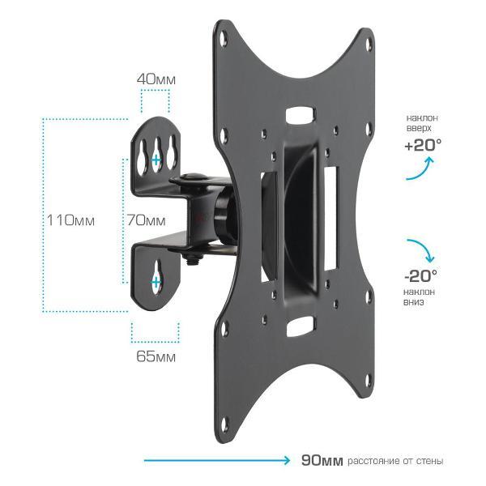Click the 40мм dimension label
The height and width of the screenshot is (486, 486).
pyautogui.click(x=156, y=79)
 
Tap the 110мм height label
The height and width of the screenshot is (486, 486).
pyautogui.click(x=70, y=220)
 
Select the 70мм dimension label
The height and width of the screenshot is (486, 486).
pyautogui.click(x=147, y=220)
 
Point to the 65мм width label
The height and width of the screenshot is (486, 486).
pyautogui.click(x=156, y=356)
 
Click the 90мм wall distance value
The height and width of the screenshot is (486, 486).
pyautogui.click(x=322, y=460)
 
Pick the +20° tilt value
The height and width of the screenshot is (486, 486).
pyautogui.click(x=423, y=145)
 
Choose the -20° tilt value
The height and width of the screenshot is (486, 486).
pyautogui.click(x=420, y=275)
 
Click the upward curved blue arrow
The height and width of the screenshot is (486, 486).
pyautogui.click(x=420, y=169)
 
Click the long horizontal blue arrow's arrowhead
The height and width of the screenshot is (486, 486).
pyautogui.click(x=287, y=460)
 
